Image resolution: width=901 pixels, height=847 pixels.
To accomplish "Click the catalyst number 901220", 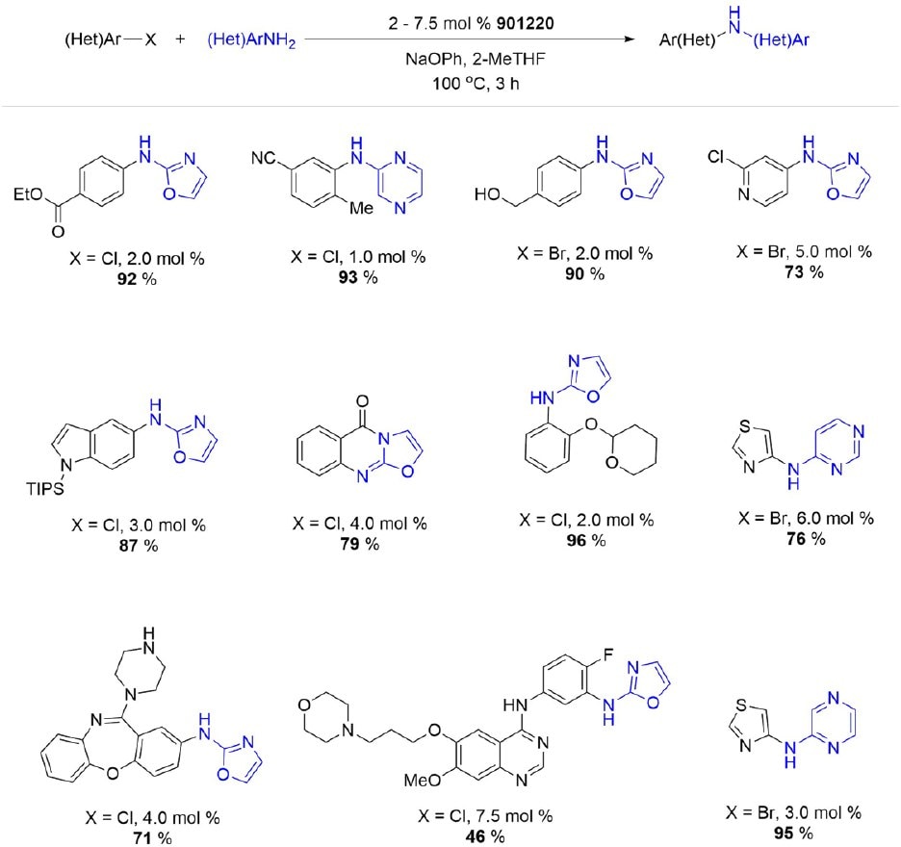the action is [526, 23].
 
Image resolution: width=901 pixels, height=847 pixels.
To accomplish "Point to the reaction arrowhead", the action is [630, 39].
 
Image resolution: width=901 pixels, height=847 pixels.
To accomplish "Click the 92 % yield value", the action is [137, 279].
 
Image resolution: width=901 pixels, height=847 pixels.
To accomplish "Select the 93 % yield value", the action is [358, 277].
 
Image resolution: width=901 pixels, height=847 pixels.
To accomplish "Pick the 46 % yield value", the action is [485, 836].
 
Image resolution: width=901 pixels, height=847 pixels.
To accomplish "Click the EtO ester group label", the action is [29, 194].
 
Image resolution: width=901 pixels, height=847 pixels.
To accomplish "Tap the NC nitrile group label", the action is [265, 158].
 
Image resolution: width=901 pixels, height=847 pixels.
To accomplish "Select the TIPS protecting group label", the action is [45, 489].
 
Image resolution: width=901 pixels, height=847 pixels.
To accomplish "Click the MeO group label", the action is [423, 780].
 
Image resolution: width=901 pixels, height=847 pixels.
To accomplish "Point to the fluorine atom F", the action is [608, 654].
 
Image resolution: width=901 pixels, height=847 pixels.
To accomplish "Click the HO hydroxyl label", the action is [487, 194].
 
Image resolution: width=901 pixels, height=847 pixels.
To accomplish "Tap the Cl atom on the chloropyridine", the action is [715, 157].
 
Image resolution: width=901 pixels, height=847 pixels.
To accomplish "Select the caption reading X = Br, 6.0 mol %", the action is [807, 519].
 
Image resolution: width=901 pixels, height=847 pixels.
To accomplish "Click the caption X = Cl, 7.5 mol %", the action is [485, 816].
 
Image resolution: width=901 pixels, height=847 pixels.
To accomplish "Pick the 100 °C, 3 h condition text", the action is [476, 84].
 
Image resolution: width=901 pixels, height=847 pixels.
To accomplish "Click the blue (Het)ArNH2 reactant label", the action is [251, 40].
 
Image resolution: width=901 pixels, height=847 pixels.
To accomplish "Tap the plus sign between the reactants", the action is [180, 39].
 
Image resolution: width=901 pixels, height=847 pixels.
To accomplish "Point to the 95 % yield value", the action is [793, 833].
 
